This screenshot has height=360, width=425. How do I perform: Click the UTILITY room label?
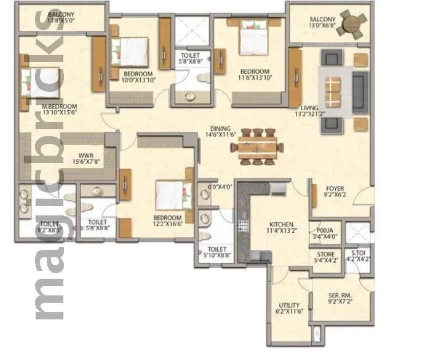288,305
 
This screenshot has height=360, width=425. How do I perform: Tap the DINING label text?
221,129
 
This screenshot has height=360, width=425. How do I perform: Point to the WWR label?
85,155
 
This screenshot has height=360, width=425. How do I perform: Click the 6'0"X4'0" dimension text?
220,187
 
